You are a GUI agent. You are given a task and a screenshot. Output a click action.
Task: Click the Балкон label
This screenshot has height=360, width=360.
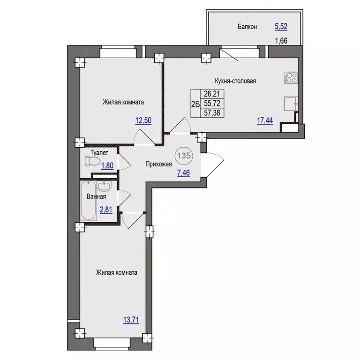247,27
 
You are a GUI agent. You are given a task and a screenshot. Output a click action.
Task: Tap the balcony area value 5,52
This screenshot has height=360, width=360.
281,27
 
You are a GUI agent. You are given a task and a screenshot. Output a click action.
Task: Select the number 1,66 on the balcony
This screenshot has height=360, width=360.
281,41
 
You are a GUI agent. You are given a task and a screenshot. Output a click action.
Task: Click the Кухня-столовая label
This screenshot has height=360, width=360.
235,81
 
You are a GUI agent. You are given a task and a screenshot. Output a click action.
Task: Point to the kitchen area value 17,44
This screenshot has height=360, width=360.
265,120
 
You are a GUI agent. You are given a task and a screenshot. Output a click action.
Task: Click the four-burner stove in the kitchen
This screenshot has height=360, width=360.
291,78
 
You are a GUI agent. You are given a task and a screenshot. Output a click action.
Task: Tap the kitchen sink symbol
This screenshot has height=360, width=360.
291,104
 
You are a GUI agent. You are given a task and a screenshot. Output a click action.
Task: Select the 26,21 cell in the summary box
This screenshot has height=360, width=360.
212,94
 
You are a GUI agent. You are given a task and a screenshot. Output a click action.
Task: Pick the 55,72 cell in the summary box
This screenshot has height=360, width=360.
212,103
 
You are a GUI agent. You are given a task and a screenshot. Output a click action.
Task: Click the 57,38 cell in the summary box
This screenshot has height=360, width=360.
212,112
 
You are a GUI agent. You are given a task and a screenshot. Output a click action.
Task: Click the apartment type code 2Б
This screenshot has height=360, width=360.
195,105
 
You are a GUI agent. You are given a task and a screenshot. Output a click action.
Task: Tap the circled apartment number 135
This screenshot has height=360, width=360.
184,156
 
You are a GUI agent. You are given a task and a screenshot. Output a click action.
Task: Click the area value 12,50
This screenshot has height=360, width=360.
143,120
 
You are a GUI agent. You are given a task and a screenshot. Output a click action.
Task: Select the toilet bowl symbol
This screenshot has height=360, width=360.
92,161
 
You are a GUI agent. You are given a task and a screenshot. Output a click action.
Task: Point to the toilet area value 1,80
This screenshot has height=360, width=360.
107,165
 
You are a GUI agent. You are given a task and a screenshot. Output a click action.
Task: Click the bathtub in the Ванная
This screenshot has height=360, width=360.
89,201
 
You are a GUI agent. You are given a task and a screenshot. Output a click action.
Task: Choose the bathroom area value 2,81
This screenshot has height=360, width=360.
106,210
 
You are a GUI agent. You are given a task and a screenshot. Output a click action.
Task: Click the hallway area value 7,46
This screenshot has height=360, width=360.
183,172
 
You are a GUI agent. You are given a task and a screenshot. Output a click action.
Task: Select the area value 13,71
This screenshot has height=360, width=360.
131,320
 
